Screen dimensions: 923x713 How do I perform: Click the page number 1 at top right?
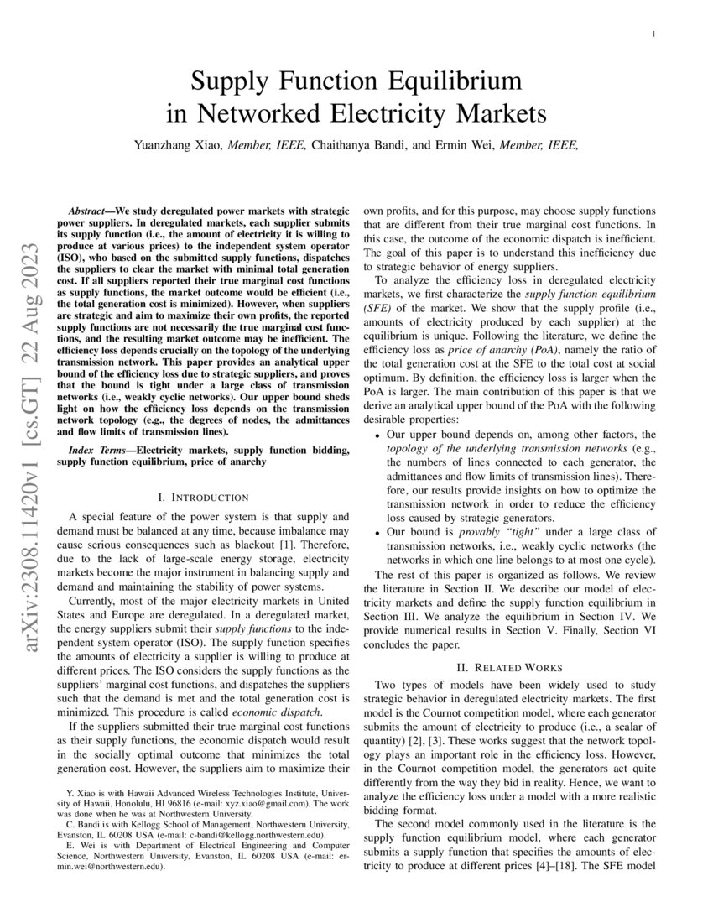653,34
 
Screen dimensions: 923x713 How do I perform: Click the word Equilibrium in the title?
450,81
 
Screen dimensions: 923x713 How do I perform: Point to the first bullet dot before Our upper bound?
378,436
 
